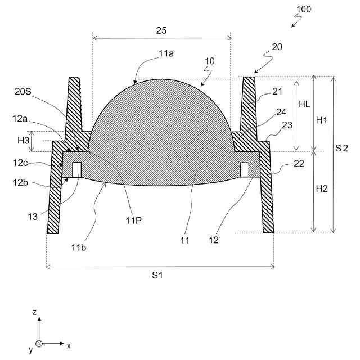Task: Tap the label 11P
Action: pos(134,220)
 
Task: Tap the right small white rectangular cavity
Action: pos(245,169)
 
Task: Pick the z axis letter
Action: pos(34,312)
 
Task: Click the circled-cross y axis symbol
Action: pos(39,343)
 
